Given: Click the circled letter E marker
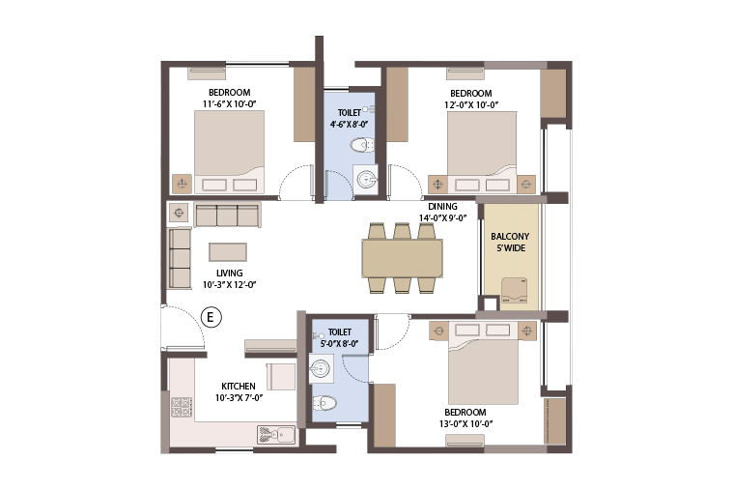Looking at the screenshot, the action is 211,317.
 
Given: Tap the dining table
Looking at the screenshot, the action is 402,258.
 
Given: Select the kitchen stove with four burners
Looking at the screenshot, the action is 182,407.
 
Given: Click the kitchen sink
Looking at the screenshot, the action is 276,435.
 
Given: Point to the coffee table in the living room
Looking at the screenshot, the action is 228,252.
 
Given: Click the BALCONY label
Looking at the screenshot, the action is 510,237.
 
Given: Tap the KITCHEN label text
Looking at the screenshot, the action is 239,386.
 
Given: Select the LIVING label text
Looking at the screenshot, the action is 230,273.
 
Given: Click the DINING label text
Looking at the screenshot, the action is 442,207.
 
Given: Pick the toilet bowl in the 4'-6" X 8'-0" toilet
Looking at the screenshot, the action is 362,145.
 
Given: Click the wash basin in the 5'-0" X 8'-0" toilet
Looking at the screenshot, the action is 322,368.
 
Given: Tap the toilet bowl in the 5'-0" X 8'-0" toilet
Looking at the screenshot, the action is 324,402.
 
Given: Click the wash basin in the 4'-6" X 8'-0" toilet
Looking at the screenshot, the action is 366,179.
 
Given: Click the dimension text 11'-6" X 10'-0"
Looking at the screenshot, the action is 230,104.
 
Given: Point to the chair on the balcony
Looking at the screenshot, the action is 514,291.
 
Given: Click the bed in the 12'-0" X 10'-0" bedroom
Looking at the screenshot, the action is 482,152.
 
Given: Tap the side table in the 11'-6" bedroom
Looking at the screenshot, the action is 182,184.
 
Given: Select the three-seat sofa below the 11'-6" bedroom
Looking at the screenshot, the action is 227,216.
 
